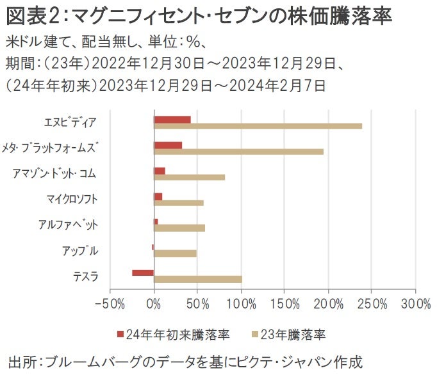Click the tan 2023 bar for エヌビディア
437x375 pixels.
(258, 126)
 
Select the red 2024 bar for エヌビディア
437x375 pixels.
(172, 119)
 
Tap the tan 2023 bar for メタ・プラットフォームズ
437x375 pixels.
(238, 152)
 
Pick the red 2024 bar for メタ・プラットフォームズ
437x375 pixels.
(168, 145)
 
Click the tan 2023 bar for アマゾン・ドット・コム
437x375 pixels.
(190, 177)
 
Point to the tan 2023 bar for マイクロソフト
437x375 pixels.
(179, 203)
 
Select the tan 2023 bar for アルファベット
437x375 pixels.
(179, 228)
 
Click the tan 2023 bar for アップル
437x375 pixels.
(175, 253)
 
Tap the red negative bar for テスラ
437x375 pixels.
(143, 273)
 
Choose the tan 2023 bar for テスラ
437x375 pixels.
(198, 279)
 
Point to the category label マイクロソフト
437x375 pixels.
(72, 199)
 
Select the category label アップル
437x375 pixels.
(80, 250)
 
